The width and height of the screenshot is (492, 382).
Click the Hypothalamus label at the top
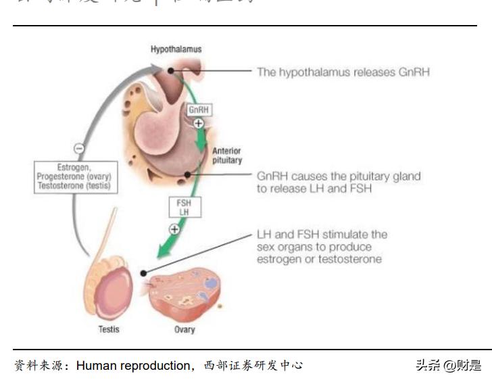[176, 49]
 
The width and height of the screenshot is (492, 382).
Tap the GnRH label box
[198, 110]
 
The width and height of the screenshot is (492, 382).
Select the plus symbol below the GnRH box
[199, 123]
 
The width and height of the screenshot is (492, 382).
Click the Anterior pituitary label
[226, 156]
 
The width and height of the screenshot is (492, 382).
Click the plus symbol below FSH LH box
[174, 229]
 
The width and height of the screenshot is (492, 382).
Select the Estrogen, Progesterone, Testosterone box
[76, 176]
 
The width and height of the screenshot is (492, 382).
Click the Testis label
[108, 329]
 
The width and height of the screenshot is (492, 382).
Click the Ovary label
[184, 329]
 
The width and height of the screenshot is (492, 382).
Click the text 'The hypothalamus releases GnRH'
[343, 72]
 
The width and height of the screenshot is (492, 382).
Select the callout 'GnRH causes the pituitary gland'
[338, 183]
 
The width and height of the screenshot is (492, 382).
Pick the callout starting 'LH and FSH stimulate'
[322, 247]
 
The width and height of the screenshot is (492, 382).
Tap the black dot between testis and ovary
[143, 273]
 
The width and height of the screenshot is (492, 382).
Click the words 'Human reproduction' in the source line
[134, 366]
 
